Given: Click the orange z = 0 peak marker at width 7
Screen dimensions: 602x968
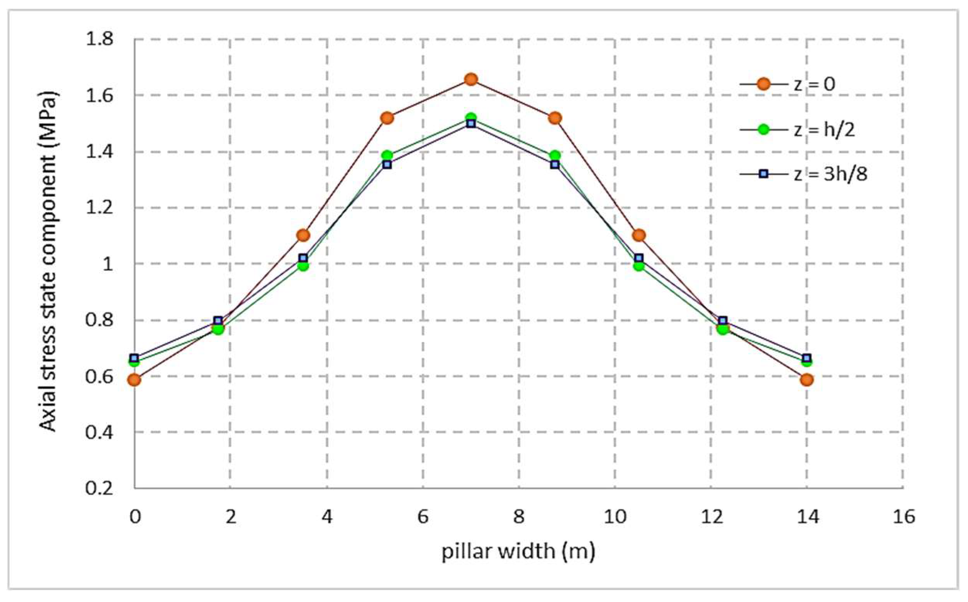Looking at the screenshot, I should pyautogui.click(x=471, y=79).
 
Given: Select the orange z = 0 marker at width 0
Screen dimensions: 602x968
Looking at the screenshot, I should pyautogui.click(x=134, y=380).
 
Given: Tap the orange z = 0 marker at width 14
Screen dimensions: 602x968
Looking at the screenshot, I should pyautogui.click(x=807, y=380).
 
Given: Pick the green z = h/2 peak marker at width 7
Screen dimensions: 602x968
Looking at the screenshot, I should pyautogui.click(x=471, y=117).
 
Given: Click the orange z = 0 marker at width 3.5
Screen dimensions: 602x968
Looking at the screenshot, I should pyautogui.click(x=303, y=235).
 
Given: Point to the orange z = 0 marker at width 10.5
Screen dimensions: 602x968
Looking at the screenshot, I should pyautogui.click(x=639, y=235).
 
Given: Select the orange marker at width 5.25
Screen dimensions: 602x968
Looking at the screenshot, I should pyautogui.click(x=387, y=118).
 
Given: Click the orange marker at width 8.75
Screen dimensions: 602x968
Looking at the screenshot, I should pyautogui.click(x=555, y=118).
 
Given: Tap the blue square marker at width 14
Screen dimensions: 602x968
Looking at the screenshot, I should pyautogui.click(x=807, y=358).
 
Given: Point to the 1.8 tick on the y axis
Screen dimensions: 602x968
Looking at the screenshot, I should pyautogui.click(x=100, y=39).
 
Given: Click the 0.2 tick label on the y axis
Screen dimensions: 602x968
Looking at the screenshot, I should pyautogui.click(x=100, y=488).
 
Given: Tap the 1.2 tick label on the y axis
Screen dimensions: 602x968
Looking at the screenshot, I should pyautogui.click(x=100, y=207).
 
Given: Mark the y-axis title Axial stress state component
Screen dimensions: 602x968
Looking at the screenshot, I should pyautogui.click(x=49, y=263).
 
